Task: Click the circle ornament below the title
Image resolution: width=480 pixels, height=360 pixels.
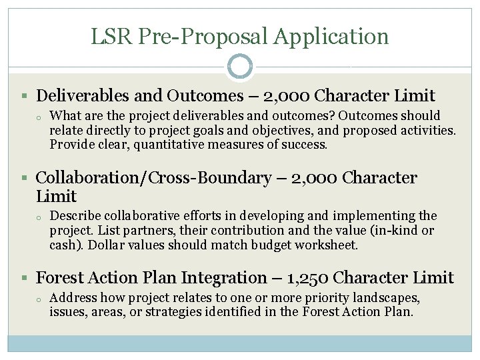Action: [x=240, y=67]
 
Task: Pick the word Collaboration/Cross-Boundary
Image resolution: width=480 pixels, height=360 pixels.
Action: [x=153, y=178]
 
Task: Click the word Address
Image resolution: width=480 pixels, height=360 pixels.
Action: [x=73, y=297]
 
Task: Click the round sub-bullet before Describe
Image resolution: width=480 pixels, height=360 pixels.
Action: [x=40, y=217]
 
